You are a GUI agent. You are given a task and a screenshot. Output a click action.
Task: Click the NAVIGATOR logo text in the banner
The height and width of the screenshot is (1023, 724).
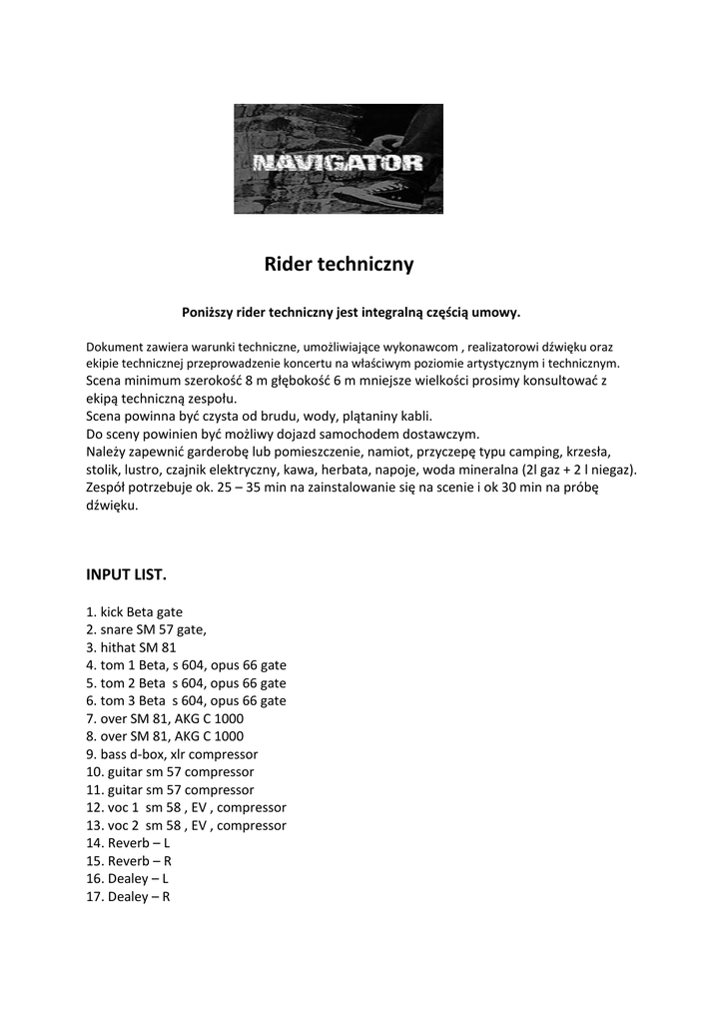[338, 163]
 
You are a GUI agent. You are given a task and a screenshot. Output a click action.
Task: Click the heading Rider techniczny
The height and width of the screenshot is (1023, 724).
[339, 265]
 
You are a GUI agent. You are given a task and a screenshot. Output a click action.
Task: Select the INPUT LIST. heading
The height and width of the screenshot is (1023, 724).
[127, 574]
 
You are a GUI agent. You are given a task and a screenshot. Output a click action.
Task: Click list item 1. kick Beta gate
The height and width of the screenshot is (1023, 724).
[134, 611]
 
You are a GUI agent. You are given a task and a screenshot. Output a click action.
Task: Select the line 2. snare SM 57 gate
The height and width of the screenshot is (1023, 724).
[146, 629]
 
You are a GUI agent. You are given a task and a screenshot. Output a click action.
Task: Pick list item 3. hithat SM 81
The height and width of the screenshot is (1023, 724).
[131, 647]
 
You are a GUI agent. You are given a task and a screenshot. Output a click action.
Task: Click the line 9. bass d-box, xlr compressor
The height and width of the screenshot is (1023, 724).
[172, 754]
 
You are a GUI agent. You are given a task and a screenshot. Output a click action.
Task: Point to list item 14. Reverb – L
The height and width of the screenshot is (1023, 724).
[128, 843]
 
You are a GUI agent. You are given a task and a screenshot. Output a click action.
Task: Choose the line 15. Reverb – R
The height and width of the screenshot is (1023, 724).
[128, 861]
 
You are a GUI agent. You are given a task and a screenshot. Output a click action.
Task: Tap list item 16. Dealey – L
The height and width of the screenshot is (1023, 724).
[128, 879]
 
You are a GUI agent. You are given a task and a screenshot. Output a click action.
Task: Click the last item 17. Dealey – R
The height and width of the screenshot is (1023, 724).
[128, 897]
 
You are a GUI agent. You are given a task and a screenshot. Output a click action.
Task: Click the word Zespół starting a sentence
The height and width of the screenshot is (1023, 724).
[108, 488]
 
